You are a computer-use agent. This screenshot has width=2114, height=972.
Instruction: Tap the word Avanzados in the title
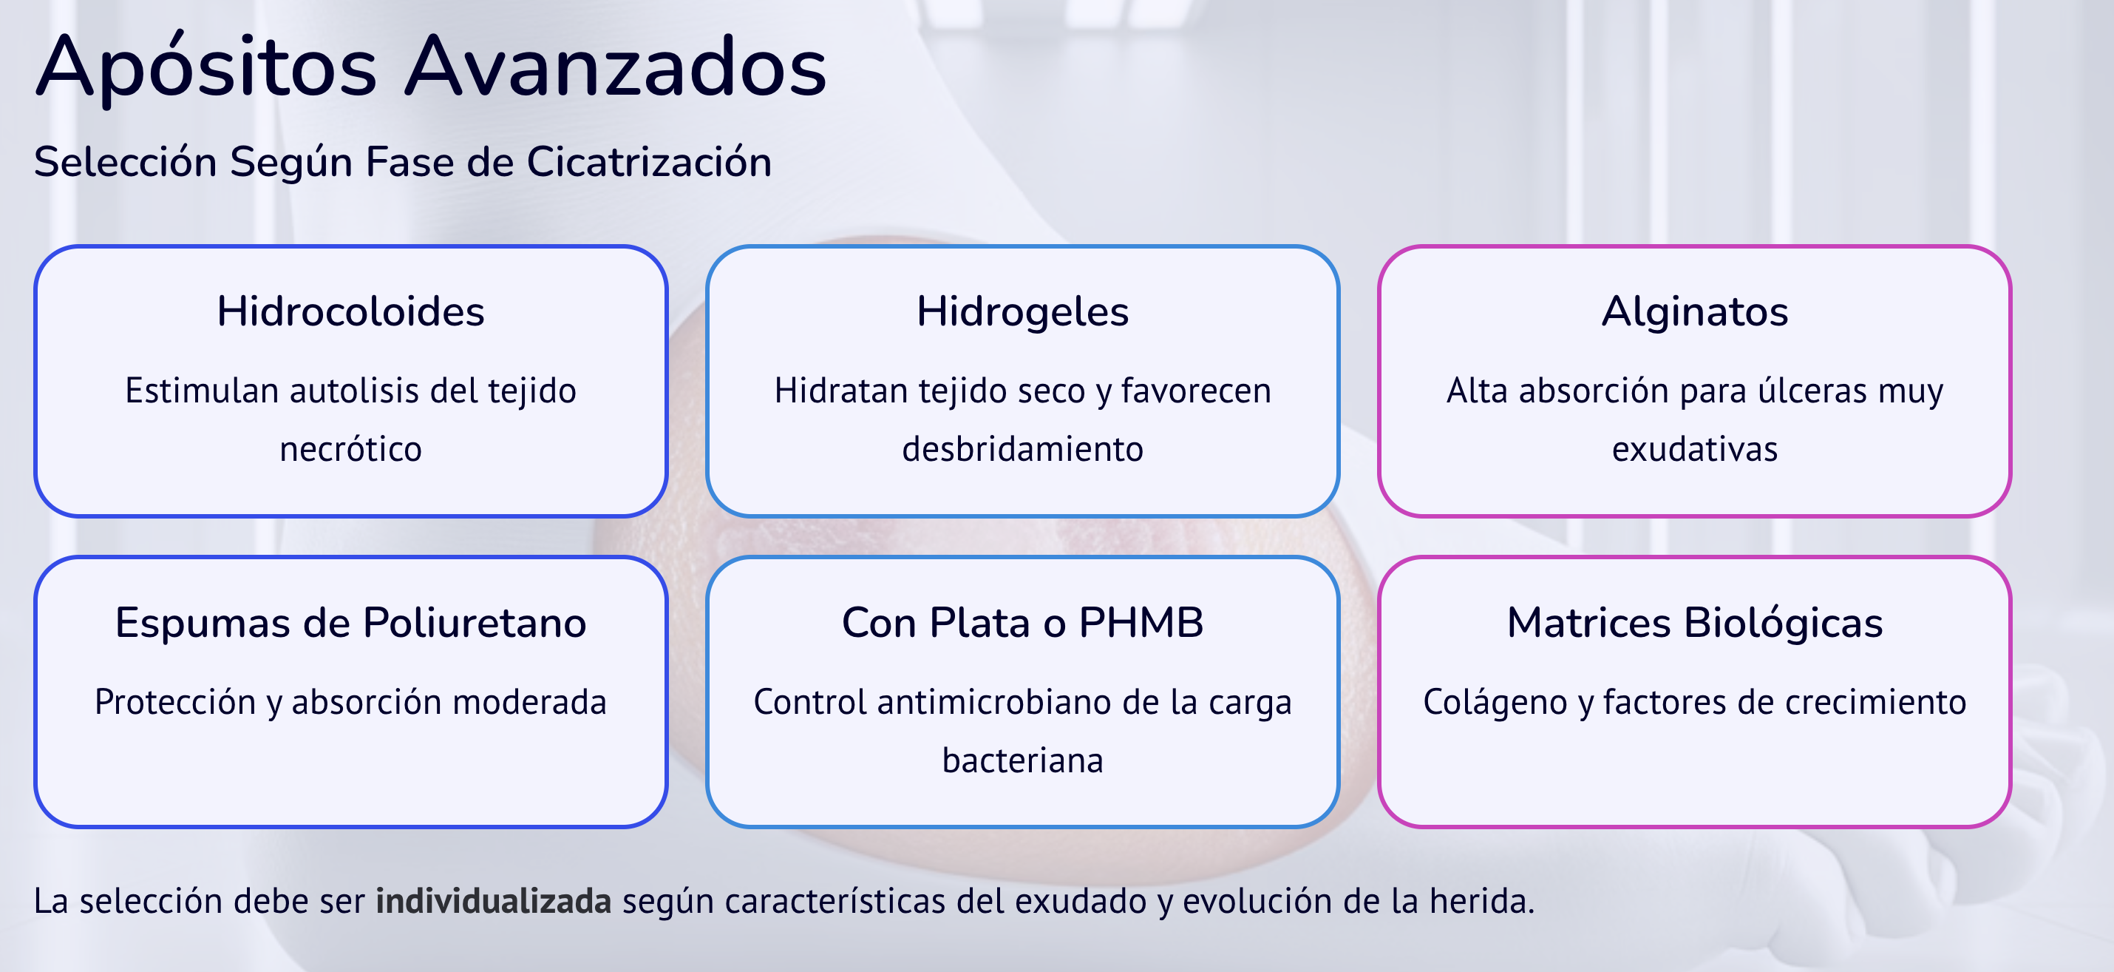[616, 66]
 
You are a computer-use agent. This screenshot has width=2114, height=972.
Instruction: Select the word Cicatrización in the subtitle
[649, 161]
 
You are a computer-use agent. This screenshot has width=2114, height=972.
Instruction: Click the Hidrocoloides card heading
[350, 312]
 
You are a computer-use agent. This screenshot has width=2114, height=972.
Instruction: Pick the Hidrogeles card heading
[1022, 313]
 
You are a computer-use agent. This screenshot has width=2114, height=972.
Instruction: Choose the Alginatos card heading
[1695, 313]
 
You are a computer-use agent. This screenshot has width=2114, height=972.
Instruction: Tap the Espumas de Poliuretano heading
[350, 623]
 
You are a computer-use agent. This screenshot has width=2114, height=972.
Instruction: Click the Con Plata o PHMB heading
[1022, 623]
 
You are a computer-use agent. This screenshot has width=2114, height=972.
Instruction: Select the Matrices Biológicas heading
[1695, 623]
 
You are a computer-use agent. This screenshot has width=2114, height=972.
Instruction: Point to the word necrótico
[350, 449]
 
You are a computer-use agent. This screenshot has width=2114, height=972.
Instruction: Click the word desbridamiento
[1022, 449]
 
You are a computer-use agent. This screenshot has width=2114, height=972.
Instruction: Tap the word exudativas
[1695, 449]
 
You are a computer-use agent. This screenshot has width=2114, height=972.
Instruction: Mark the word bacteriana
[1022, 760]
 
